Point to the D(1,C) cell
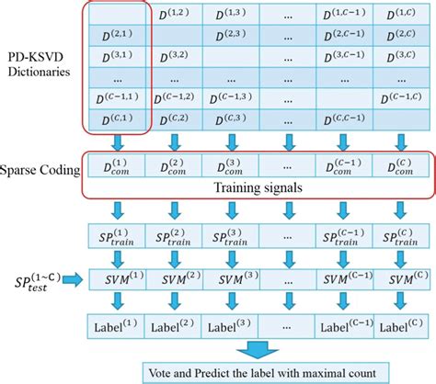(x=401, y=16)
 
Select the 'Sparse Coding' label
(x=39, y=171)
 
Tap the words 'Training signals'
(x=257, y=186)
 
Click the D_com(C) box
(x=401, y=166)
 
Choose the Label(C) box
(x=401, y=324)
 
